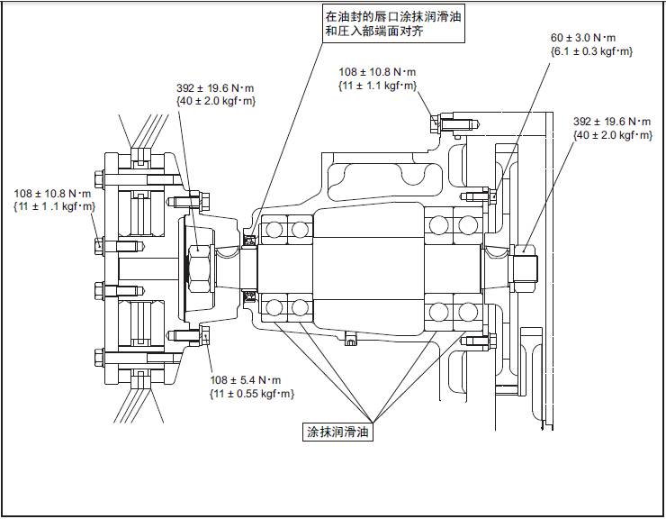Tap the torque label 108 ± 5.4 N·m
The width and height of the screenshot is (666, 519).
[x=245, y=379]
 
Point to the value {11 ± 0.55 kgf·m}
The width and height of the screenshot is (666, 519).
[x=251, y=394]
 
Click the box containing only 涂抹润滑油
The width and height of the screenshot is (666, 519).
[x=337, y=432]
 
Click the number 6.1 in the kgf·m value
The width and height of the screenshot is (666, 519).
[x=563, y=51]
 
